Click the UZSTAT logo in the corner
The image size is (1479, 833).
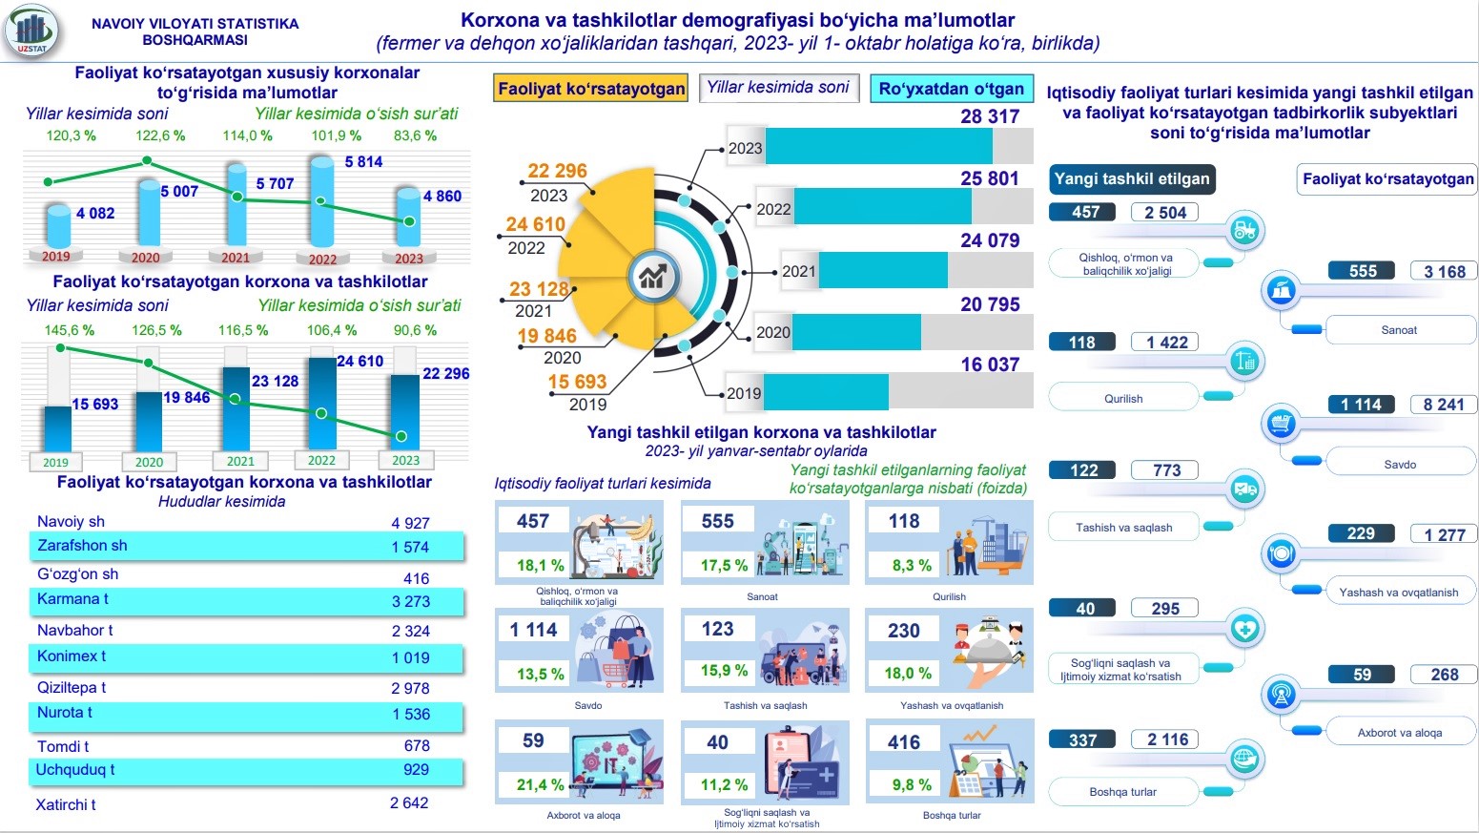[x=31, y=31]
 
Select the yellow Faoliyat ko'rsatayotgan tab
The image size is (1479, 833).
[x=591, y=89]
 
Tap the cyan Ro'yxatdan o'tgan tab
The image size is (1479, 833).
[x=951, y=89]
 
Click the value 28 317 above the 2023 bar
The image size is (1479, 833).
[x=990, y=116]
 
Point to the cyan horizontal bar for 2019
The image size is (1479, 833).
[x=826, y=392]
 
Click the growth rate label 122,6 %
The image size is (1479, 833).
[x=160, y=135]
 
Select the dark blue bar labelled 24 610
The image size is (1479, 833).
[x=321, y=401]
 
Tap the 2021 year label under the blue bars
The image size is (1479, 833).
[x=240, y=461]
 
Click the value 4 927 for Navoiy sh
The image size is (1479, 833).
[x=410, y=523]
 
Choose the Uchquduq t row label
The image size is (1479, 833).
[x=75, y=770]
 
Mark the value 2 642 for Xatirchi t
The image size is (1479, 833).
[x=409, y=803]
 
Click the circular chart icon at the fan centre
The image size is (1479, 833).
[x=653, y=277]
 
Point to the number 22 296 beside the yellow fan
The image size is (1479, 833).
[x=557, y=171]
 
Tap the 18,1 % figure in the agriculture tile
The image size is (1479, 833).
[x=540, y=565]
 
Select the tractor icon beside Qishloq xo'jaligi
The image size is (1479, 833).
[x=1244, y=230]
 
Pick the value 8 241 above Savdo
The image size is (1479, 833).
[x=1443, y=405]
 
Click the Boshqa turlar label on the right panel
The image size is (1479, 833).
[x=1122, y=792]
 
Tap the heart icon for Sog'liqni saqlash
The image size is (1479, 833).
[x=1244, y=629]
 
